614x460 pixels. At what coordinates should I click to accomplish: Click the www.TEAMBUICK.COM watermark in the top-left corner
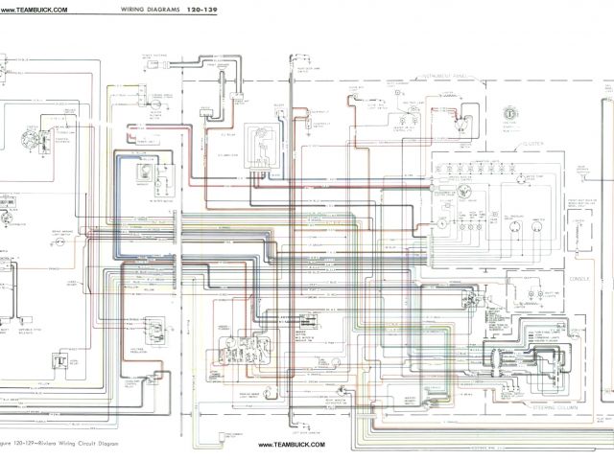pyautogui.click(x=35, y=10)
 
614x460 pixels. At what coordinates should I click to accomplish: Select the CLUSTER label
pyautogui.click(x=534, y=144)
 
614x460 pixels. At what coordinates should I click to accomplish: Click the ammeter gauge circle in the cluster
pyautogui.click(x=444, y=222)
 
